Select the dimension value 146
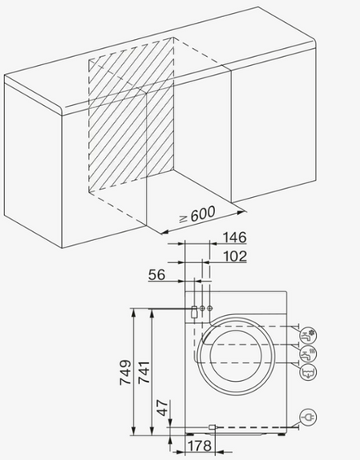click(233, 237)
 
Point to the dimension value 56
click(158, 275)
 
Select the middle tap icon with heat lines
click(308, 353)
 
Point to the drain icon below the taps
click(308, 372)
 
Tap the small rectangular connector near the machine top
click(193, 309)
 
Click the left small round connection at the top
click(202, 309)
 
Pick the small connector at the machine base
click(212, 426)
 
